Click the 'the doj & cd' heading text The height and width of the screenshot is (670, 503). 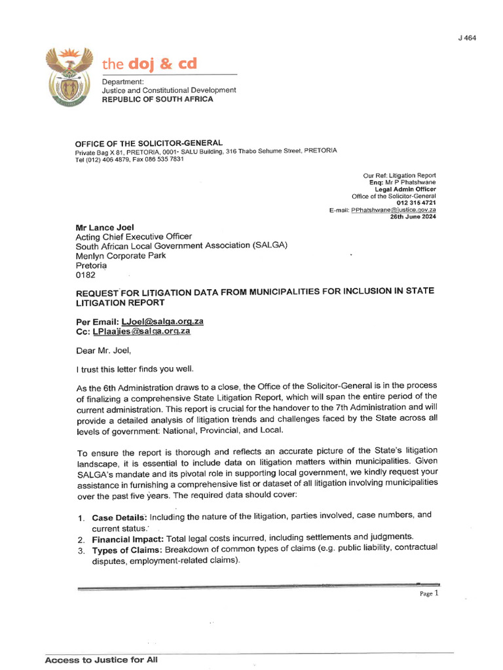coord(149,64)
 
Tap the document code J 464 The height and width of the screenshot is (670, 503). coord(466,38)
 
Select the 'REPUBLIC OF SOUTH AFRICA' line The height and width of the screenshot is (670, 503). coord(157,99)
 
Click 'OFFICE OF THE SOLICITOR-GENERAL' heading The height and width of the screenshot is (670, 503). coord(149,143)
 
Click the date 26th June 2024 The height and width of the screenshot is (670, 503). coord(413,217)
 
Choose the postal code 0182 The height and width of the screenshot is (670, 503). coord(86,276)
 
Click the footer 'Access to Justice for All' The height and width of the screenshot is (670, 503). coord(102,660)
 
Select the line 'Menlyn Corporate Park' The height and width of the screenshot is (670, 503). coord(121,256)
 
